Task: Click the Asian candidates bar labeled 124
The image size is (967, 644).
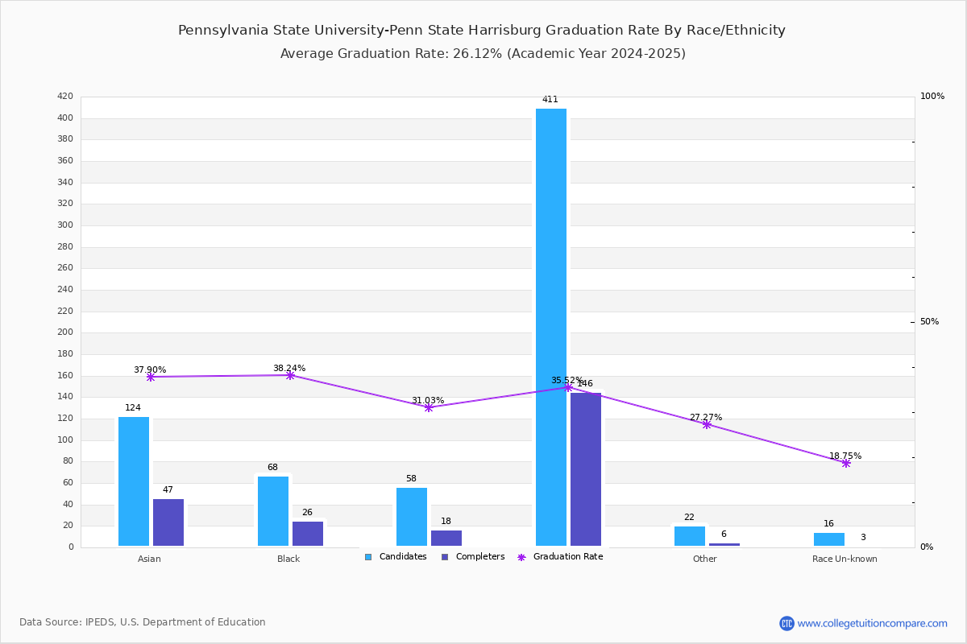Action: (x=134, y=481)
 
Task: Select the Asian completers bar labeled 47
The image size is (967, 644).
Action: (x=168, y=522)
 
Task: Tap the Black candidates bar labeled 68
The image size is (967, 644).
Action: (x=273, y=510)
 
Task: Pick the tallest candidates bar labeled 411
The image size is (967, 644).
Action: (x=551, y=327)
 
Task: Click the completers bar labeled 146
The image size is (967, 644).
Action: (x=586, y=469)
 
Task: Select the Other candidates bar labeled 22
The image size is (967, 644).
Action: (x=690, y=536)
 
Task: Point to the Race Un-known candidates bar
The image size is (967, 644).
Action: (x=829, y=539)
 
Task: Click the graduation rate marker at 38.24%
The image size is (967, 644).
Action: (x=291, y=376)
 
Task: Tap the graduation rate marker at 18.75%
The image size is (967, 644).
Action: (x=846, y=463)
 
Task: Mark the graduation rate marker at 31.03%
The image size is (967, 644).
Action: (x=429, y=407)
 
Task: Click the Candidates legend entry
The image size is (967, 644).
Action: (x=396, y=557)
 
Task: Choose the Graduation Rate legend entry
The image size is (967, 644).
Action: (x=560, y=557)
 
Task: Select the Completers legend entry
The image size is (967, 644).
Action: (x=473, y=557)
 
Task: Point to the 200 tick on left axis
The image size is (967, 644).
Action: (x=65, y=332)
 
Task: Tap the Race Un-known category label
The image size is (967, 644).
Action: (x=845, y=559)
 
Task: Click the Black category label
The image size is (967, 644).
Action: (x=288, y=559)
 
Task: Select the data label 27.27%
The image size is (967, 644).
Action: (x=706, y=417)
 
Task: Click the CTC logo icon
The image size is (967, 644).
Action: (x=786, y=623)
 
